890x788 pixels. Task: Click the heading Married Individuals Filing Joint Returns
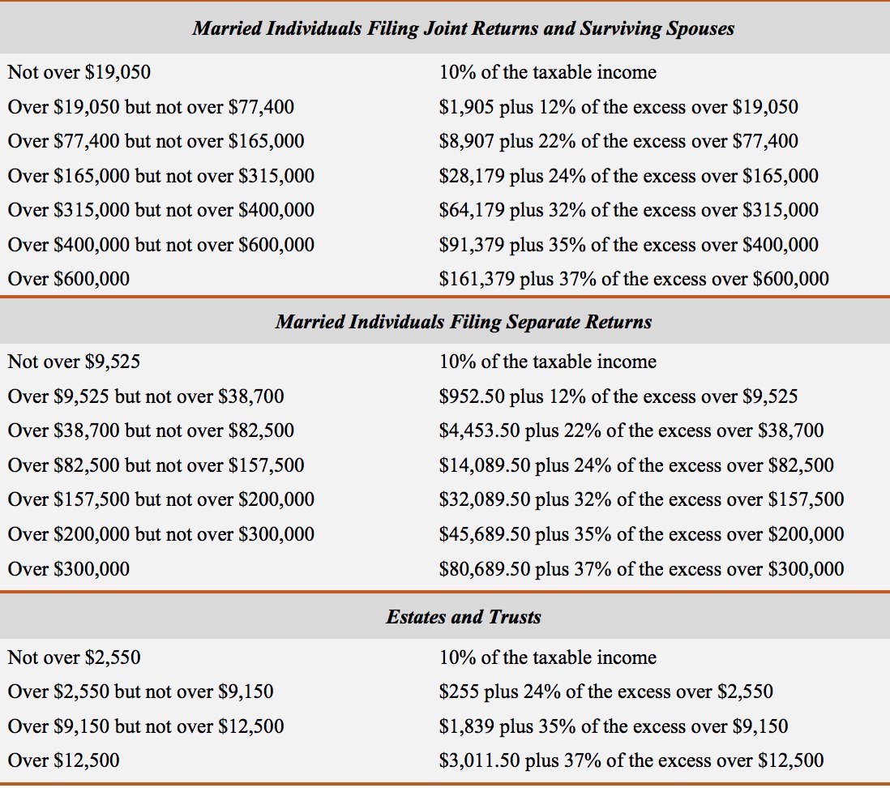tap(463, 28)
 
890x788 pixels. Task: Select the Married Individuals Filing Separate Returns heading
tap(463, 322)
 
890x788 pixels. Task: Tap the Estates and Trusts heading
tap(463, 617)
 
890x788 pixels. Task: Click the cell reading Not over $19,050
tap(79, 72)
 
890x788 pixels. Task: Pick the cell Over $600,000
tap(69, 279)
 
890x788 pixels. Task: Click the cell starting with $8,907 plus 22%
tap(618, 141)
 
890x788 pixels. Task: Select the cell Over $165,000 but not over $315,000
tap(161, 176)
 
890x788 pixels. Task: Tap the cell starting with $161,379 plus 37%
tap(634, 279)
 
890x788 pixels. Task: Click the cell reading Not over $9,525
tap(74, 362)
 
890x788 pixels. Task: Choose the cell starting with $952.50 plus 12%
tap(618, 396)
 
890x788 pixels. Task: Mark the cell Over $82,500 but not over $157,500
tap(156, 465)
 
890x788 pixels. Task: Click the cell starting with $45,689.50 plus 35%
tap(641, 534)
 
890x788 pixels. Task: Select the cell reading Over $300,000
tap(69, 569)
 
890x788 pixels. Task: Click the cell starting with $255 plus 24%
tap(605, 692)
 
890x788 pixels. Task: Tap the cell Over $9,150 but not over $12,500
tap(146, 726)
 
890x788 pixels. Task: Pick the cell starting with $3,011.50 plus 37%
tap(631, 760)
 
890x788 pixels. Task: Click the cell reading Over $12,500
tap(64, 760)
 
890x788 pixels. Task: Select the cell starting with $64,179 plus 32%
tap(629, 210)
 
